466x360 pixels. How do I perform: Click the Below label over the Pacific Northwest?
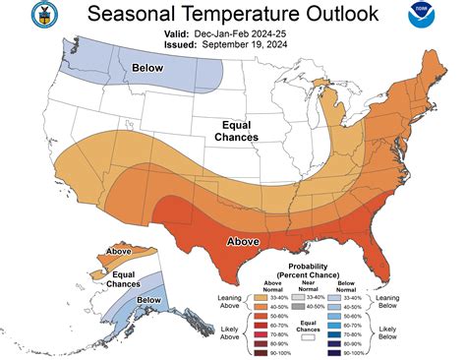click(148, 68)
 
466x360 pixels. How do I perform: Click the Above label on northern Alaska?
click(119, 252)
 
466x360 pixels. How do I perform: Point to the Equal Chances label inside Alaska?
click(123, 278)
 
